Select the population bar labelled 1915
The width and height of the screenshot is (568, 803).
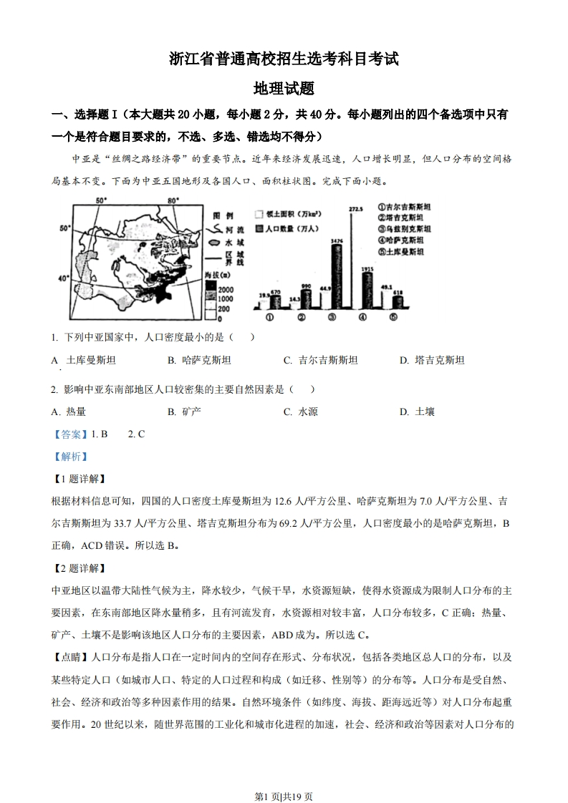pos(367,289)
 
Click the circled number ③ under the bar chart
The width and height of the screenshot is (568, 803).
pos(332,318)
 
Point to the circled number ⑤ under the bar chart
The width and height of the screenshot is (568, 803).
pos(393,318)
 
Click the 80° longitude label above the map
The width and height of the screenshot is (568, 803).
pos(172,201)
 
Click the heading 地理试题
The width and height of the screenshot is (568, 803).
pos(284,89)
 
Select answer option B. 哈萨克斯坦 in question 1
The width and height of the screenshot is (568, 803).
pos(199,360)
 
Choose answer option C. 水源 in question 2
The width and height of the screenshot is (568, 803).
pos(300,412)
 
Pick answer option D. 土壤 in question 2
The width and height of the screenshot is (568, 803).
pos(417,412)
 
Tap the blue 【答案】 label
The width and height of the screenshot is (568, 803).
pos(69,434)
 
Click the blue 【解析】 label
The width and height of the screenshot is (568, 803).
pos(69,457)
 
